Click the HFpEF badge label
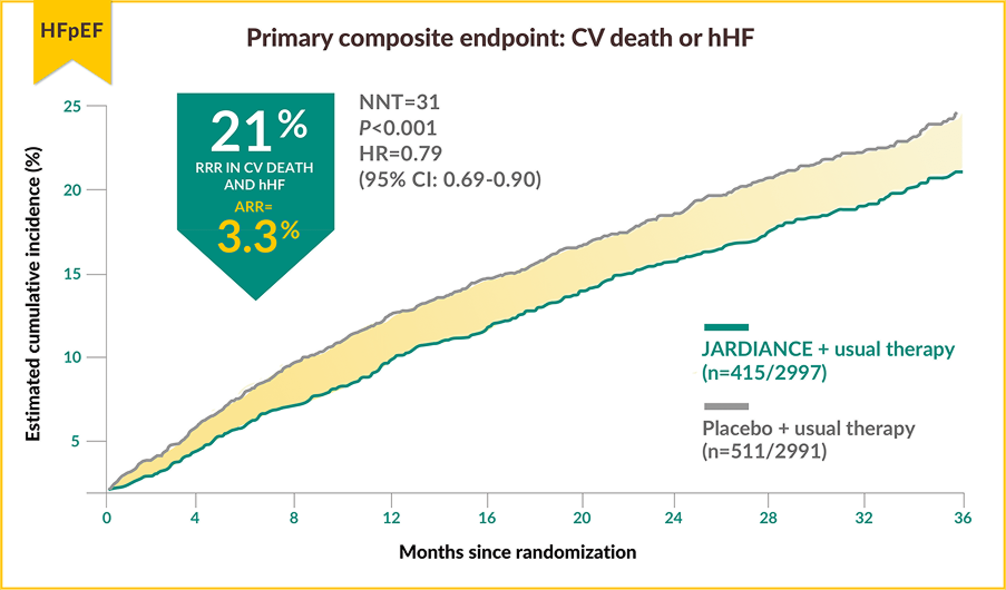[x=72, y=31]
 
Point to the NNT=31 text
[x=399, y=102]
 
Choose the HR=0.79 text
[x=400, y=154]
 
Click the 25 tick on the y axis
[x=72, y=106]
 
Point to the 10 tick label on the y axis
[x=72, y=357]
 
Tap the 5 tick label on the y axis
[x=75, y=441]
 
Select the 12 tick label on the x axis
[x=391, y=518]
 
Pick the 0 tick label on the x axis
[x=107, y=518]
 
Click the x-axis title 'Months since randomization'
[x=517, y=553]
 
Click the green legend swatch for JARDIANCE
[x=726, y=328]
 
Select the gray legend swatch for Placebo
[x=726, y=406]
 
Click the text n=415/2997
[x=764, y=373]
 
